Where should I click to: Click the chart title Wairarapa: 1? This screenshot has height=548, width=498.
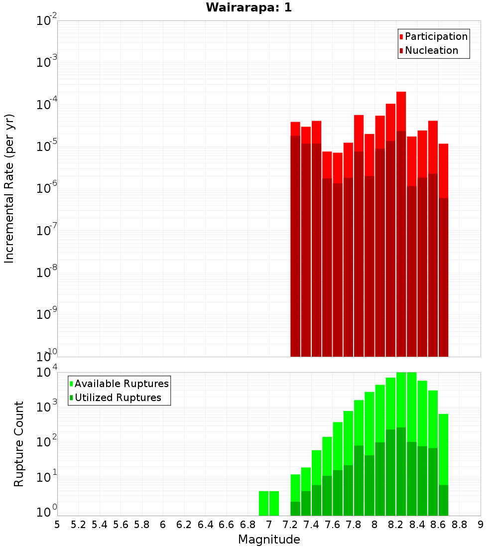249,8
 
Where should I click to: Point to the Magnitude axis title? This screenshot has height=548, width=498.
269,540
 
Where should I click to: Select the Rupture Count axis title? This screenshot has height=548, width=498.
19,443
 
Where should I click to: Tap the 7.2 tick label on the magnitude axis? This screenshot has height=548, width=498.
290,525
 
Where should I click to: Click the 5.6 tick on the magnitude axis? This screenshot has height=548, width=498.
121,525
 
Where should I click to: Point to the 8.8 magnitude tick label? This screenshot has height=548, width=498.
459,525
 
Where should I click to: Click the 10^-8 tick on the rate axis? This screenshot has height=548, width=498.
47,273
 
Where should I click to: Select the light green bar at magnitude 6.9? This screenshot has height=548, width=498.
263,503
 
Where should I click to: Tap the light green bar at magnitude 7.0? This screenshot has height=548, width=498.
274,503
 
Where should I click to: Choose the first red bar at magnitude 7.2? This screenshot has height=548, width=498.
295,129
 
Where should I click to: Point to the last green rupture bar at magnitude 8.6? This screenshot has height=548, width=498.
443,448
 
